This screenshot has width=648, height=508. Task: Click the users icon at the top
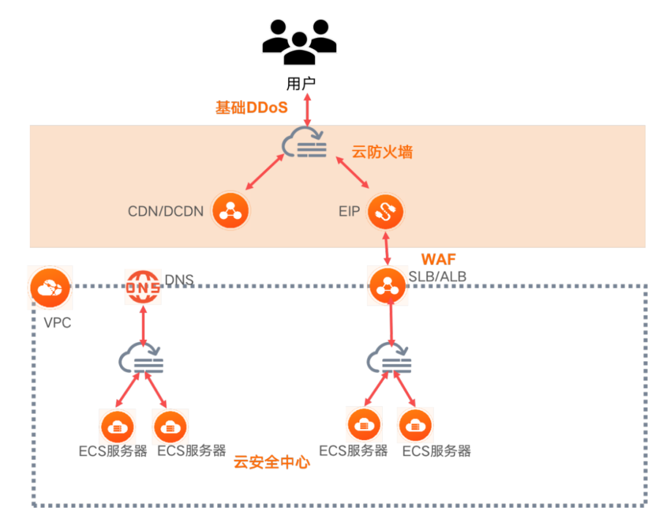tap(299, 42)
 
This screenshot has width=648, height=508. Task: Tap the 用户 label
tap(301, 84)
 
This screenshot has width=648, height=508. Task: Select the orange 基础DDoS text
tap(251, 108)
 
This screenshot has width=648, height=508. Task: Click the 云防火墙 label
tap(382, 152)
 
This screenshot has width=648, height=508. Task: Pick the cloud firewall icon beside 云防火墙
tap(304, 143)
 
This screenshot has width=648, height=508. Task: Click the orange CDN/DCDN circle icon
tap(230, 211)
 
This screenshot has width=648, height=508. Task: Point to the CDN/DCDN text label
tap(166, 211)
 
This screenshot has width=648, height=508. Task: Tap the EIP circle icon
tap(386, 211)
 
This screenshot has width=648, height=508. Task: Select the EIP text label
tap(349, 212)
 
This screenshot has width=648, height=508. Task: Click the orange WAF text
tap(439, 259)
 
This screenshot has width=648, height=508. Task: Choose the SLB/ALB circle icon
tap(387, 286)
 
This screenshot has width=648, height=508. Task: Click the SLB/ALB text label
tap(437, 276)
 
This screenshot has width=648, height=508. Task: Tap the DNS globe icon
tap(143, 287)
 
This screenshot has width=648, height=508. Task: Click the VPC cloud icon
tap(50, 287)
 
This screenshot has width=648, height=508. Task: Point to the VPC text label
tap(58, 322)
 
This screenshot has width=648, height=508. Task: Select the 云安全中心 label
tap(272, 462)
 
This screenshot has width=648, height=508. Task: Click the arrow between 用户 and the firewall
tap(307, 110)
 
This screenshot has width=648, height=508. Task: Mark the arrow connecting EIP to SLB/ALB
tap(386, 248)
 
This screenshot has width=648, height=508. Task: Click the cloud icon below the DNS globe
tap(142, 359)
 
